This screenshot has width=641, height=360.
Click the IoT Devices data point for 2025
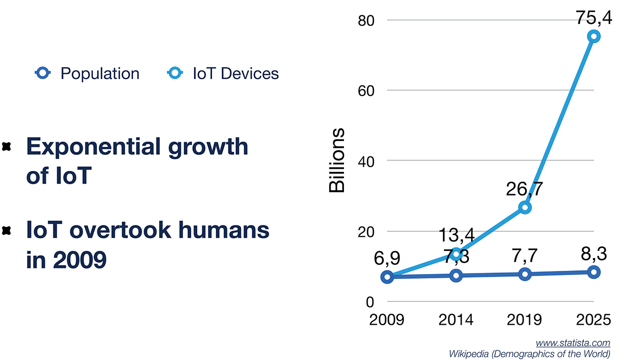pos(593,36)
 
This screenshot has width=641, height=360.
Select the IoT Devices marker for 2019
pos(525,207)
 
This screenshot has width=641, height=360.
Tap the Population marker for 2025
pos(593,272)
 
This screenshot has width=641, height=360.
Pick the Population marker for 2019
pos(525,274)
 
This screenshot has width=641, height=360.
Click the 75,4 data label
pos(594,18)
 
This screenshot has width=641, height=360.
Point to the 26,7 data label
pos(525,189)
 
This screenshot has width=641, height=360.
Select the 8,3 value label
pos(594,253)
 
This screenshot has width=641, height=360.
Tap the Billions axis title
pos(337,161)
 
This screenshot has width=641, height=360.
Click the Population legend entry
pos(87,73)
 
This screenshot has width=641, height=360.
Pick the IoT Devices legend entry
pos(223,73)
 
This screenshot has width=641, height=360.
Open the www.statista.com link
pos(573,343)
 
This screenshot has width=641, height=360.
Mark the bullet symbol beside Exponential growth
pos(7,147)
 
